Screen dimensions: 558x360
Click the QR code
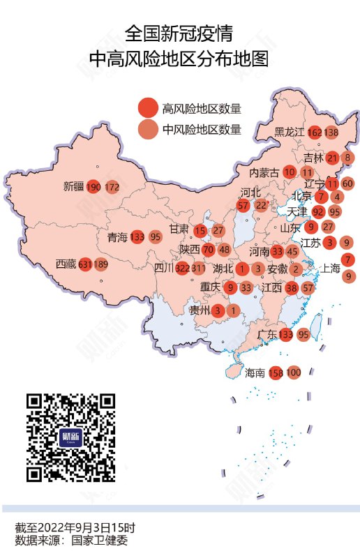(x=70, y=437)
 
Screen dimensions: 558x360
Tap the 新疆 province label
(x=73, y=187)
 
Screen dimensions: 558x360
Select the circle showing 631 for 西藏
(x=86, y=265)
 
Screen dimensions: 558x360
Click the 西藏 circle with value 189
(x=101, y=265)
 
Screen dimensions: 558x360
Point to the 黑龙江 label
(x=289, y=133)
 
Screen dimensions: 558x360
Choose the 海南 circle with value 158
(x=276, y=372)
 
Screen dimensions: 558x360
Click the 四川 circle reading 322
(x=183, y=268)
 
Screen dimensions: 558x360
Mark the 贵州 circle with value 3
(x=218, y=310)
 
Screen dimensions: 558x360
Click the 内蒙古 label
(x=264, y=172)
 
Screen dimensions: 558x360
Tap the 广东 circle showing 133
(x=285, y=335)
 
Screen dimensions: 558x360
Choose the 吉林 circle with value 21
(x=333, y=158)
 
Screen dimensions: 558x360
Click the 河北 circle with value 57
(x=243, y=205)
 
